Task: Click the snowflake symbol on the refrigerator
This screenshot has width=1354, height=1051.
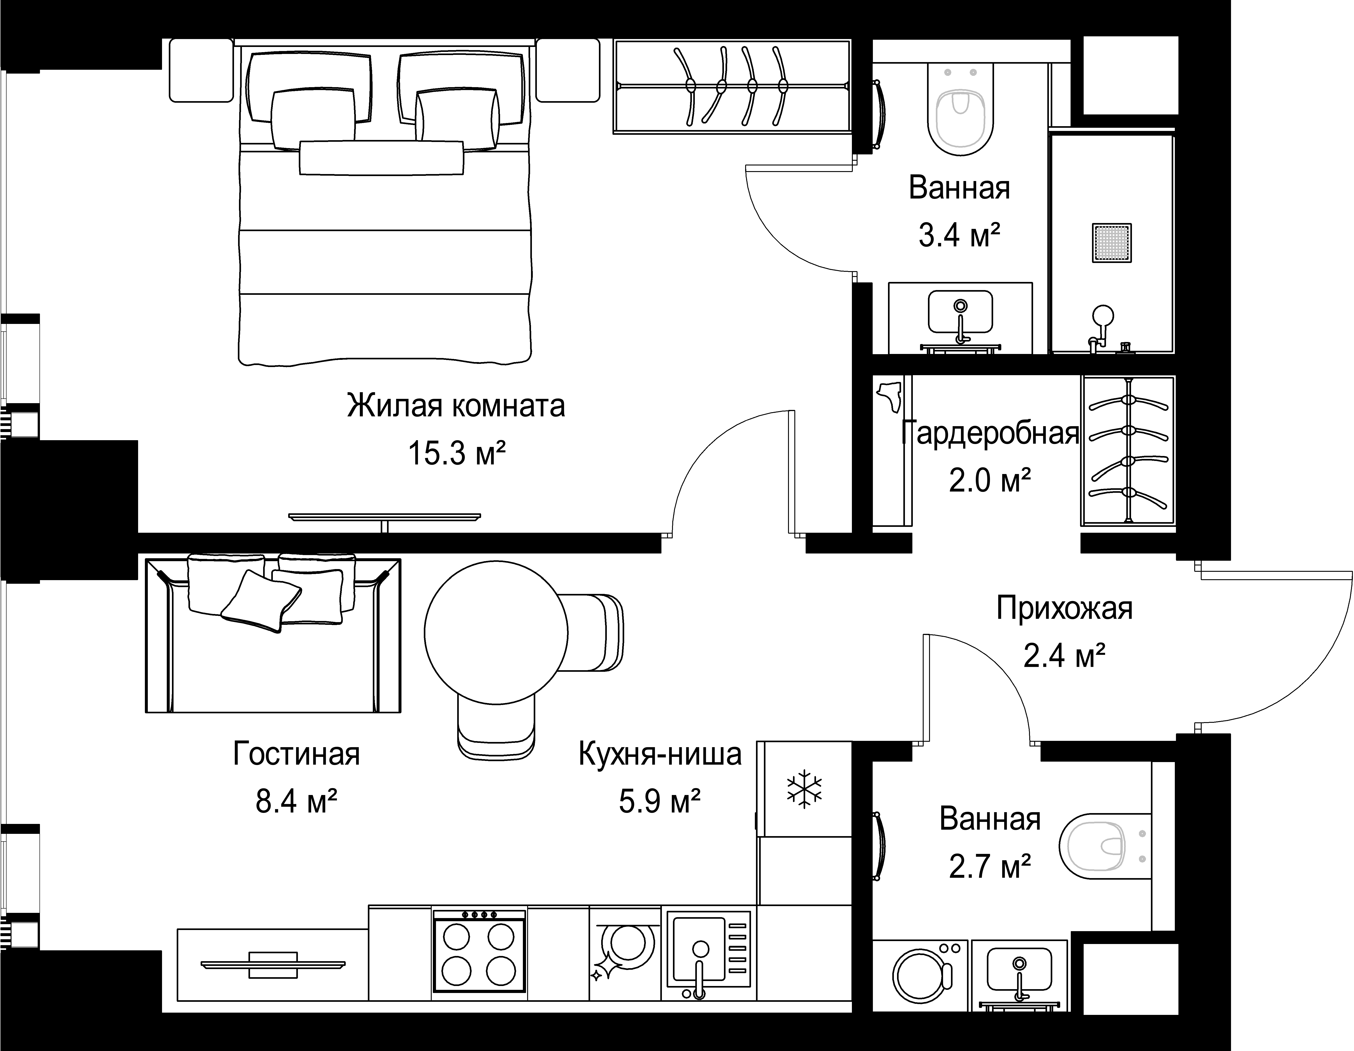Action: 804,789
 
